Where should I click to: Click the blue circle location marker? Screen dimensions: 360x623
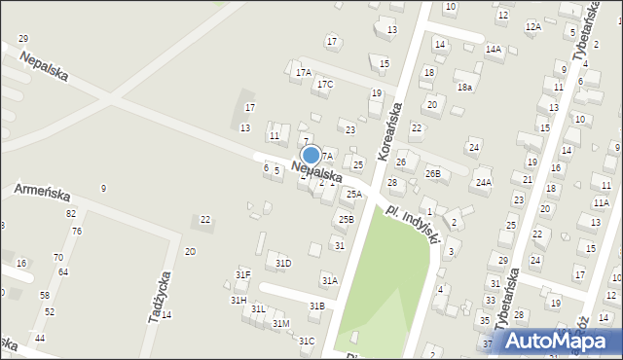(x=311, y=155)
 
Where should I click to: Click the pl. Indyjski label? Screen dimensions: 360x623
(x=415, y=224)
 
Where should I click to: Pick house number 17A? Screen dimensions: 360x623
(x=304, y=73)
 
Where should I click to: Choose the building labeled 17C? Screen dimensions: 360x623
(x=324, y=85)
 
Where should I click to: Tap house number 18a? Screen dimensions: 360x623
(x=465, y=87)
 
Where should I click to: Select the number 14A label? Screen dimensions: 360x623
(x=494, y=49)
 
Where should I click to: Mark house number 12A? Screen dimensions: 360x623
(x=532, y=26)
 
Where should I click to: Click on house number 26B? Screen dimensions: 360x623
(x=432, y=174)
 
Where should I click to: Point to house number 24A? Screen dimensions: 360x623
(x=484, y=182)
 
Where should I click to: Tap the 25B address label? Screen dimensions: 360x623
(x=346, y=220)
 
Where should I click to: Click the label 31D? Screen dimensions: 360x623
(x=283, y=263)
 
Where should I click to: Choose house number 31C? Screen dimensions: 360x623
(x=307, y=341)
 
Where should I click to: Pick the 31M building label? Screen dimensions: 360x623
(x=280, y=323)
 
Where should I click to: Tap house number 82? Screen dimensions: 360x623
(x=70, y=213)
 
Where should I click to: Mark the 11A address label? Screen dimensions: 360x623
(x=601, y=202)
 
